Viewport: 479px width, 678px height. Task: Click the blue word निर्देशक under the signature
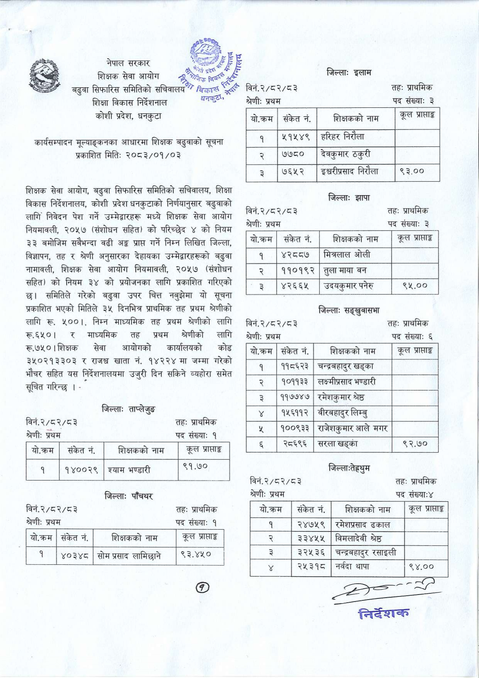[383, 613]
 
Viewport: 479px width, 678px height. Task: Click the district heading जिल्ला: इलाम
[349, 72]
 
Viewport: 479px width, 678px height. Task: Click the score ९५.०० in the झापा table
[415, 286]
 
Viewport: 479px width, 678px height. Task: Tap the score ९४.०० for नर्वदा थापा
[421, 567]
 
